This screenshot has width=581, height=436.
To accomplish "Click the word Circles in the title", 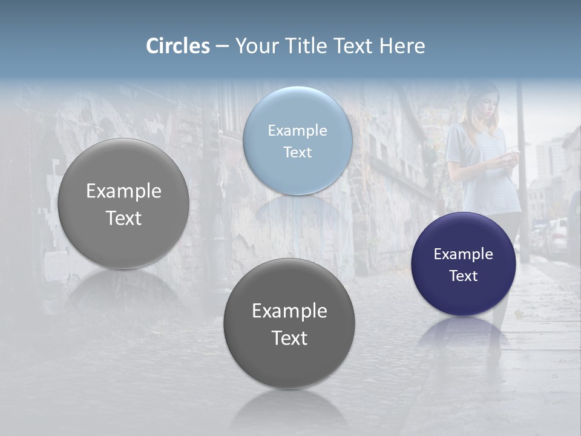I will [x=178, y=46].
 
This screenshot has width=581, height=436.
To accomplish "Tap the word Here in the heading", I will [x=402, y=46].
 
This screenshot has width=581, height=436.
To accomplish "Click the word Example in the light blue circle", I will [x=297, y=130].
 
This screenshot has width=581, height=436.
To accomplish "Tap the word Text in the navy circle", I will [x=464, y=276].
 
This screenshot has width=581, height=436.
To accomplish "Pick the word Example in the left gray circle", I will [x=123, y=191].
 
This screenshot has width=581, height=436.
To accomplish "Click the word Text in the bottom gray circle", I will [x=289, y=337].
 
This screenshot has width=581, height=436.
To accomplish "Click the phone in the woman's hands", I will [x=512, y=156].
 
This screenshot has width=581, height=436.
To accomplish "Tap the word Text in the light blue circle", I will [x=297, y=152].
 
